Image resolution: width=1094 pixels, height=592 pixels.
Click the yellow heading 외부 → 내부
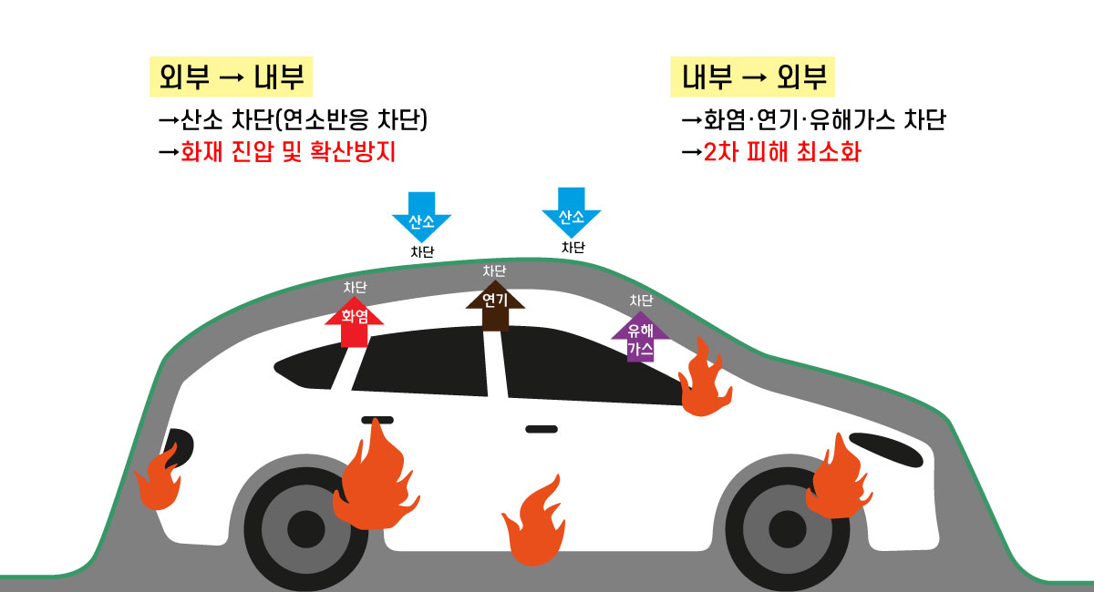[x=231, y=78]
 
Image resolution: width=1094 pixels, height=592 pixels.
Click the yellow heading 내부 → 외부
[x=753, y=78]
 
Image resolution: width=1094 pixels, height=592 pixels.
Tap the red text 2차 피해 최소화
[x=781, y=152]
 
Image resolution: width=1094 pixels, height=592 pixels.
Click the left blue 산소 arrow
[x=421, y=216]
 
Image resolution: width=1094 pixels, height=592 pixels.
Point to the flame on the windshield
[x=705, y=381]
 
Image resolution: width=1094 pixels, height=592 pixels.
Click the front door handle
[x=542, y=428]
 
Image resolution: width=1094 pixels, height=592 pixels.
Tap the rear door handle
[x=377, y=420]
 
